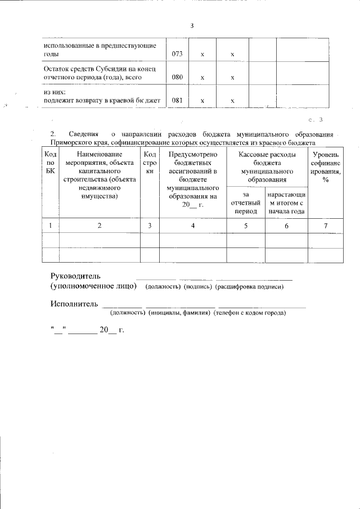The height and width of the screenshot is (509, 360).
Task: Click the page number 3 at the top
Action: [192, 26]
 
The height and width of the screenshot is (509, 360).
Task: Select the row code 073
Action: [177, 54]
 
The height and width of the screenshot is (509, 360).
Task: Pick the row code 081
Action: [177, 101]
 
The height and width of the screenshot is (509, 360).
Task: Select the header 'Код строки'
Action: [149, 162]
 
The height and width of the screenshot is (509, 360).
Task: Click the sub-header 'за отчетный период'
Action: [245, 202]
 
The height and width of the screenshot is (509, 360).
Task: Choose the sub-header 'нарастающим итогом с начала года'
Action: [286, 202]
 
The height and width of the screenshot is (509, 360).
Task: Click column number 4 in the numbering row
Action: [192, 226]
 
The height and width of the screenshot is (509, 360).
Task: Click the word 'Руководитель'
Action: [75, 276]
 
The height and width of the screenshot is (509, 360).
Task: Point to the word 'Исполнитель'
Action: [73, 304]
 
